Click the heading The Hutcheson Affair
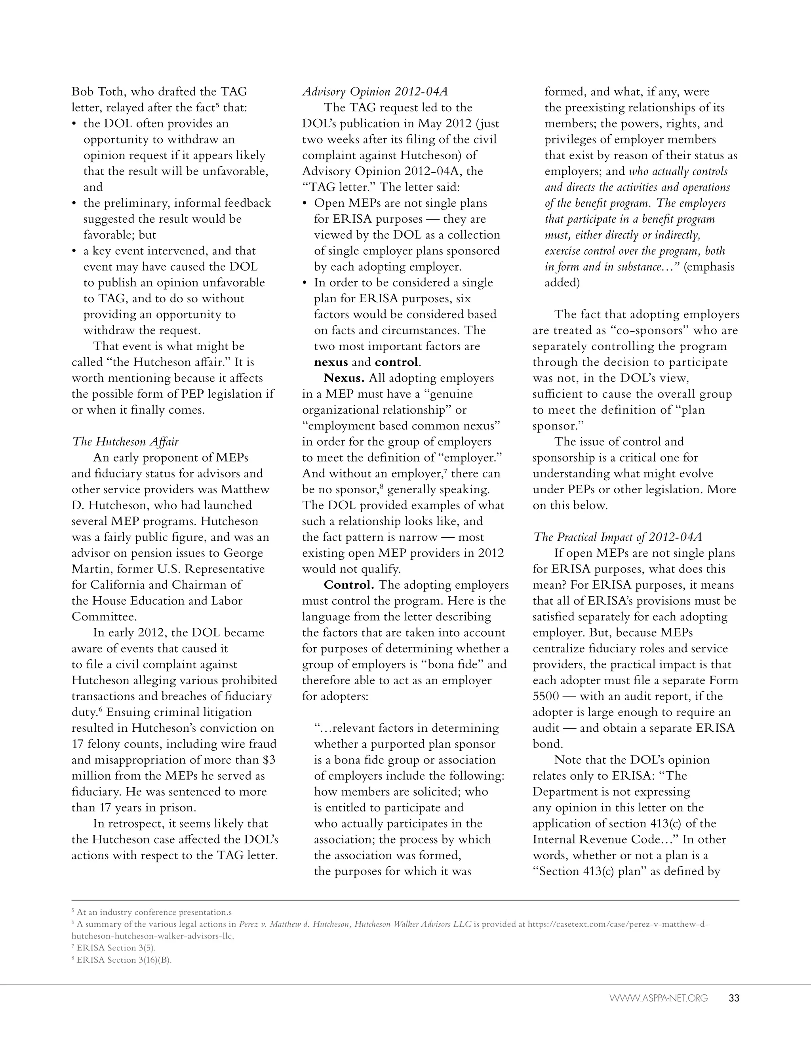126,441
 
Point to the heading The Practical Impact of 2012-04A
617,537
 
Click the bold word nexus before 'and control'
331,362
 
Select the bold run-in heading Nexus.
343,378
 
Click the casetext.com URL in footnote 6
618,924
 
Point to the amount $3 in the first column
269,760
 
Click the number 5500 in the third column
545,696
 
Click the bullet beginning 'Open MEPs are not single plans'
400,203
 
